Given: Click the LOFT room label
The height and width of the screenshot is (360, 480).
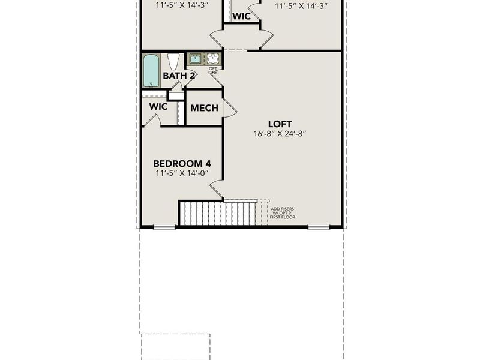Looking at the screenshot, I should click(281, 124).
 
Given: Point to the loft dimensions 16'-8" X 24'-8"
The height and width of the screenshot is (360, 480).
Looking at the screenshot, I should click(280, 134).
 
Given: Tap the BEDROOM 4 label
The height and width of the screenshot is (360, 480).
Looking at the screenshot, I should click(182, 163).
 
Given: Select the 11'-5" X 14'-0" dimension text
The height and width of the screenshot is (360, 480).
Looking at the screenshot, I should click(182, 173).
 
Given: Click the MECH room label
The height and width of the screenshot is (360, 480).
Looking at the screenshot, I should click(204, 109).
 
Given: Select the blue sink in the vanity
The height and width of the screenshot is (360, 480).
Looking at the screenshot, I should click(195, 59).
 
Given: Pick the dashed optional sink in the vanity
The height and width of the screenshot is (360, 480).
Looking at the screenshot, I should click(213, 59).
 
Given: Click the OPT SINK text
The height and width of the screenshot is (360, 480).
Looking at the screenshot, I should click(213, 70).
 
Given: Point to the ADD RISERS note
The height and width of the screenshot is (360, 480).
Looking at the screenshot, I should click(282, 212).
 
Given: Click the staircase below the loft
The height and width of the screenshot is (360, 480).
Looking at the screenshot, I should click(219, 213).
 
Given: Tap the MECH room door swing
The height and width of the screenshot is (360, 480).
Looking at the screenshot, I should click(230, 108).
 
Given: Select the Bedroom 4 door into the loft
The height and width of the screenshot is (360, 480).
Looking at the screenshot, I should click(217, 190).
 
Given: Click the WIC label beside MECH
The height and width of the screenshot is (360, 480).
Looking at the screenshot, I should click(158, 107).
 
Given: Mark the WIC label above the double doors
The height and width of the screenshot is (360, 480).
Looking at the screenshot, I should click(241, 16).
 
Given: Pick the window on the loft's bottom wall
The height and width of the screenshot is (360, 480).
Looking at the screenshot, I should click(319, 227).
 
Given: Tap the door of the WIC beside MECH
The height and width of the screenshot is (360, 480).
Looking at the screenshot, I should click(152, 121).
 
